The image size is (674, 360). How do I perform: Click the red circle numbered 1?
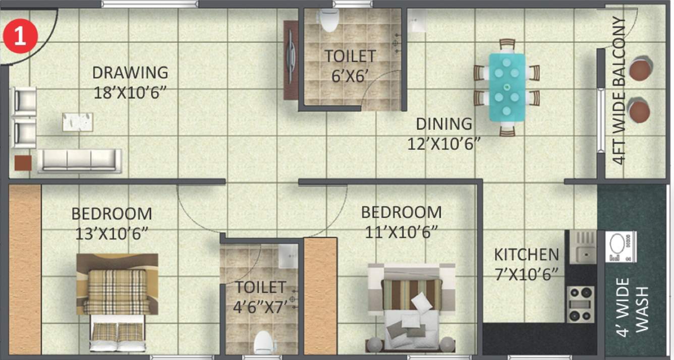coord(20,37)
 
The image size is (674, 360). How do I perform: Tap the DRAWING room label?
coord(130,73)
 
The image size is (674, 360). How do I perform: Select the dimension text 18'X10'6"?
coord(130,93)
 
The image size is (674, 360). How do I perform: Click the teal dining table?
coord(507,86)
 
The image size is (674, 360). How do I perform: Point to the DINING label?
coord(444,124)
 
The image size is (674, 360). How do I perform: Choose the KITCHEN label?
coord(526,254)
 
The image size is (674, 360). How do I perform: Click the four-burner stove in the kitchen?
coord(581,304)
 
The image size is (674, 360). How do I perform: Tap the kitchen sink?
coord(584,247)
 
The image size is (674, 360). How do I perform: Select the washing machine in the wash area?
coord(620,247)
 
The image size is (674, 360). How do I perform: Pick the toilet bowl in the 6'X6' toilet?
coord(329,21)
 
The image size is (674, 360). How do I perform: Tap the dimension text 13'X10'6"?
coord(111,234)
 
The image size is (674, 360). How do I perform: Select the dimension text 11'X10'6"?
coord(401,232)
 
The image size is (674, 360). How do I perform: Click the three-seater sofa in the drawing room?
coord(80,160)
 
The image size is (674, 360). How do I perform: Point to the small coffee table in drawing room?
coord(78,122)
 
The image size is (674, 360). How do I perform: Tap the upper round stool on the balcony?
coord(640,68)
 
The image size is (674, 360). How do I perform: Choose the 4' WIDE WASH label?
coord(632,305)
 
